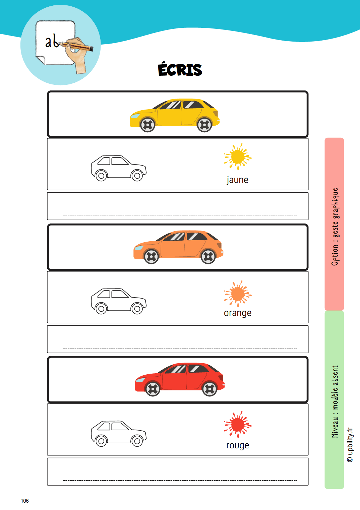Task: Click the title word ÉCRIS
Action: (x=180, y=69)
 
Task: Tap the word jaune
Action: (x=237, y=180)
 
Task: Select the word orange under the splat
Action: (x=237, y=313)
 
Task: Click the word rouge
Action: (x=237, y=445)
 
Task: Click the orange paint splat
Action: (x=238, y=294)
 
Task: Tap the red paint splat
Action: (x=238, y=424)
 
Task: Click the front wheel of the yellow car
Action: (x=147, y=125)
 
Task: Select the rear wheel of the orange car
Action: (x=208, y=257)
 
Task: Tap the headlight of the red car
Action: (x=140, y=380)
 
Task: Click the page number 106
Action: (x=25, y=501)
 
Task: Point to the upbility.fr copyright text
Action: (x=350, y=445)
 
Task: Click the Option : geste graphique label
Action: (x=335, y=227)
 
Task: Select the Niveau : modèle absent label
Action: (x=335, y=401)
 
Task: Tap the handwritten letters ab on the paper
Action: (x=52, y=42)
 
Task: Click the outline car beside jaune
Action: (x=119, y=168)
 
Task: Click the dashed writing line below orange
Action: (x=180, y=348)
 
